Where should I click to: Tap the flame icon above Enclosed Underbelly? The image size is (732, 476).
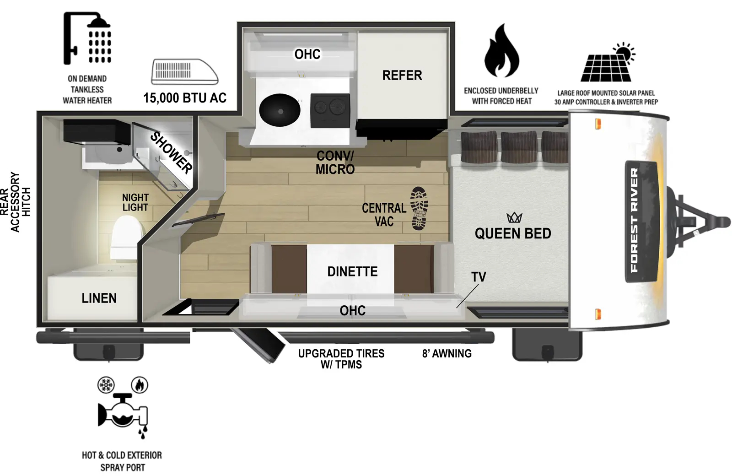[x=501, y=51]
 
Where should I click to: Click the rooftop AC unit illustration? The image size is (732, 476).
[x=185, y=72]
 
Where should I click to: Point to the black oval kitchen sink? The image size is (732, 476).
[x=280, y=110]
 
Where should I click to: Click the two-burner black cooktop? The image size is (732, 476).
[x=330, y=110]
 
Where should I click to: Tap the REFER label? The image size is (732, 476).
[x=402, y=76]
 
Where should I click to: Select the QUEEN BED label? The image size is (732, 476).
[x=513, y=233]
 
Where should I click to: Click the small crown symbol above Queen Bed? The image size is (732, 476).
[x=514, y=217]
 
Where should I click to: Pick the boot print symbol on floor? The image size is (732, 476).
[x=419, y=208]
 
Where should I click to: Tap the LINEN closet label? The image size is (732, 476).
[x=99, y=298]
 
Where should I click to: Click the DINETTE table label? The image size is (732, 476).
[x=352, y=272]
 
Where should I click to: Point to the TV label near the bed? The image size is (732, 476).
[x=479, y=277]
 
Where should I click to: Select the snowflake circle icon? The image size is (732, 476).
[x=106, y=385]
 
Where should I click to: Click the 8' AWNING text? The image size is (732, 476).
[x=447, y=353]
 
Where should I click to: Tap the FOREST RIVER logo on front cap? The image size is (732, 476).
[x=634, y=220]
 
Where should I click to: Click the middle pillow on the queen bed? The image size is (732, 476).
[x=519, y=146]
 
